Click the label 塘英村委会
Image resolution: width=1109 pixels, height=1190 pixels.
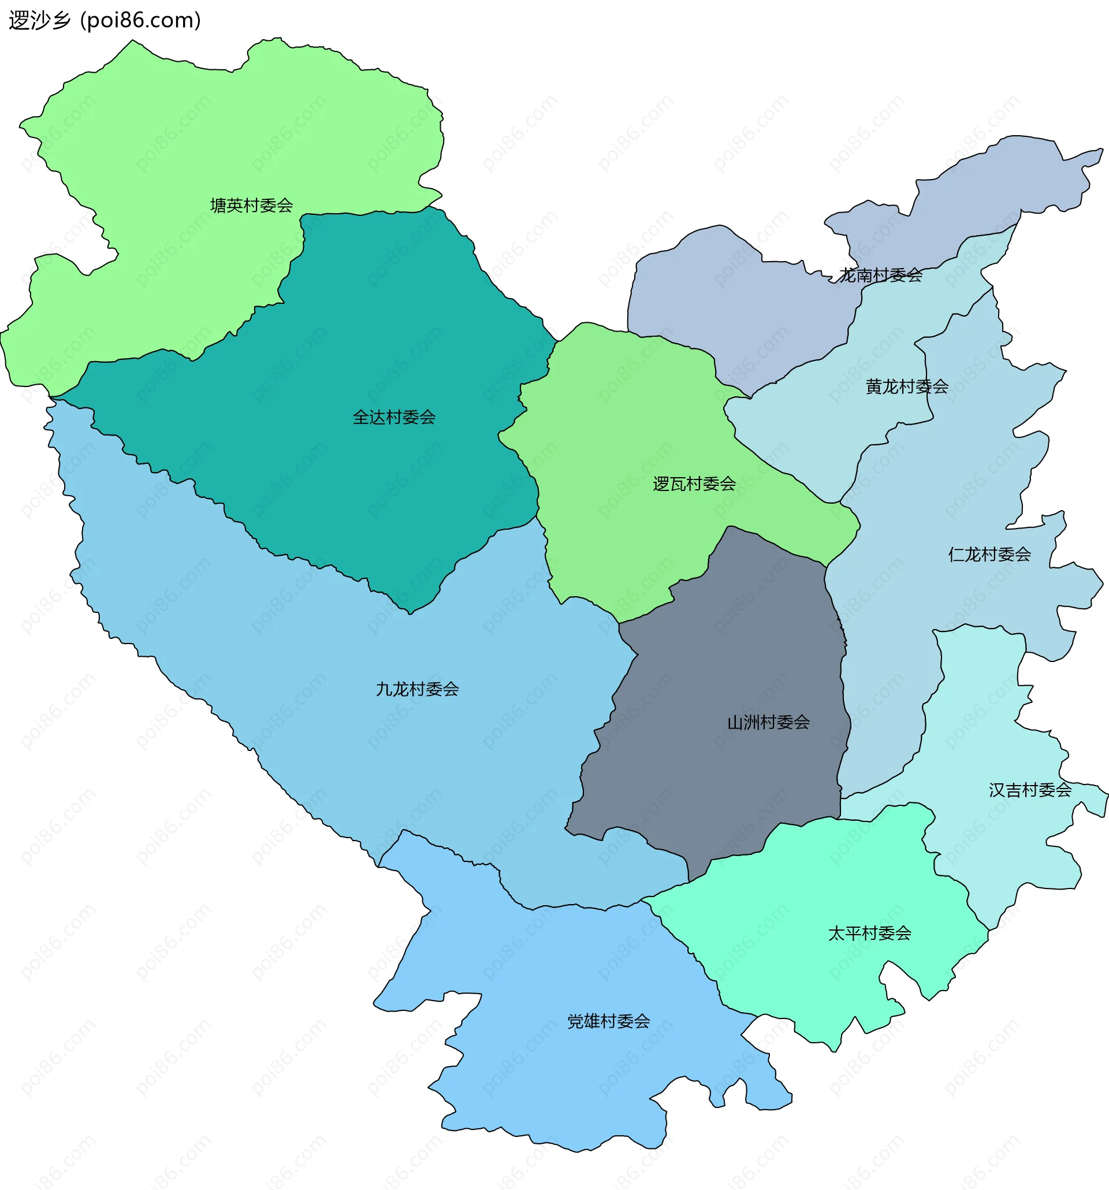pyautogui.click(x=251, y=205)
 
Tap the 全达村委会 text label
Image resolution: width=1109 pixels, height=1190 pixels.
pyautogui.click(x=394, y=417)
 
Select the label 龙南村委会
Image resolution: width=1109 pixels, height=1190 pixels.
pyautogui.click(x=880, y=276)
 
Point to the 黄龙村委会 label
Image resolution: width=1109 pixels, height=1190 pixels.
pyautogui.click(x=907, y=386)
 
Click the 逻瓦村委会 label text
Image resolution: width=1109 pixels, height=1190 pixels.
pyautogui.click(x=694, y=484)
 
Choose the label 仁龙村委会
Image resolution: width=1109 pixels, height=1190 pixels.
pyautogui.click(x=989, y=555)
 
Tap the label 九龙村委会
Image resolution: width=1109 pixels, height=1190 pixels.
pyautogui.click(x=417, y=690)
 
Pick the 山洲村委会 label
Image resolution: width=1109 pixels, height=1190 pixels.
pyautogui.click(x=768, y=723)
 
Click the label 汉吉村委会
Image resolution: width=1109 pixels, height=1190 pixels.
pyautogui.click(x=1030, y=790)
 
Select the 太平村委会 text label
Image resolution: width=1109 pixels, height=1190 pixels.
pyautogui.click(x=870, y=933)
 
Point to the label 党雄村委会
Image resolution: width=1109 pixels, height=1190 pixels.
pyautogui.click(x=609, y=1021)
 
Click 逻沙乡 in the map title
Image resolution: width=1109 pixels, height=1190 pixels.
pyautogui.click(x=39, y=20)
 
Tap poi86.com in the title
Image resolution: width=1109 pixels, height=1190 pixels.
pyautogui.click(x=140, y=20)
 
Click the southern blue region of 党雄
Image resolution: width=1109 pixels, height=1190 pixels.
pyautogui.click(x=568, y=1077)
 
